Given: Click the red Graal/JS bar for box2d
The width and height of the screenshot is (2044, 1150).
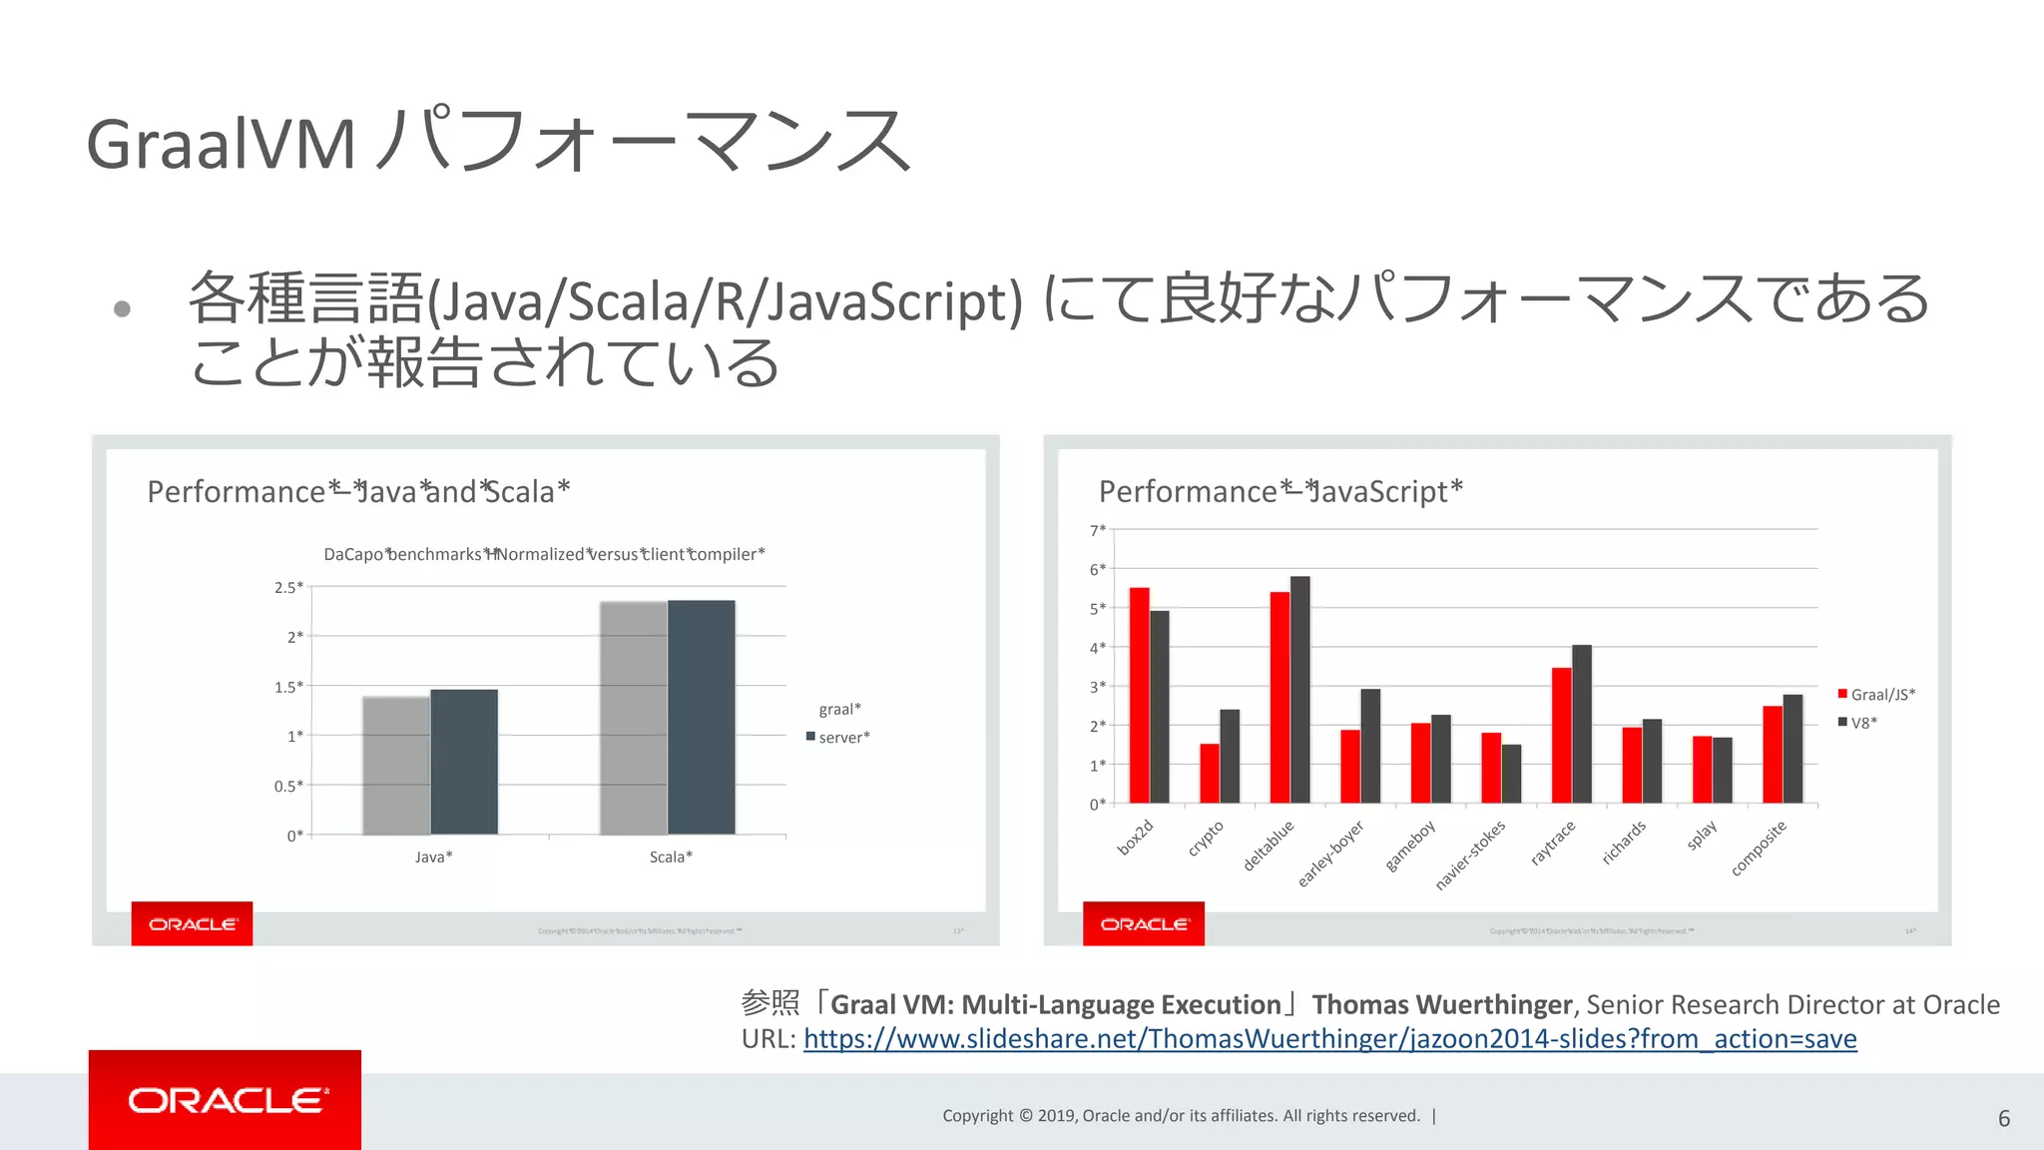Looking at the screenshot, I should coord(1139,695).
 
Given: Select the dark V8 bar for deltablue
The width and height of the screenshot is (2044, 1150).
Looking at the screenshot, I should coord(1300,689).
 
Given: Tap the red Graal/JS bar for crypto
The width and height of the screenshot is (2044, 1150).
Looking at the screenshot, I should coord(1210,773).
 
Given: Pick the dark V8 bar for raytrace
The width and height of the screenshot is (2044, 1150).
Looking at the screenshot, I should coord(1582,724).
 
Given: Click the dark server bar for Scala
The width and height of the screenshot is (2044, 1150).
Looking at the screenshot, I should coord(702,717).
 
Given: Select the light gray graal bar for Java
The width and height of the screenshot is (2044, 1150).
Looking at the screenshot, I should coord(396,765).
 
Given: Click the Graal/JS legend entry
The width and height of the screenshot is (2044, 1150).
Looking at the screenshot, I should coord(1876,694).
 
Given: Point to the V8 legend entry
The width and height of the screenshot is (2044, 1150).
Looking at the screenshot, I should coord(1858,722).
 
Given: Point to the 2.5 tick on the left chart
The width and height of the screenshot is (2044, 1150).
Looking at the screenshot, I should coord(287,587).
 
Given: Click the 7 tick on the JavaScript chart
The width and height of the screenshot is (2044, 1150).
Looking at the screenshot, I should coord(1097,530).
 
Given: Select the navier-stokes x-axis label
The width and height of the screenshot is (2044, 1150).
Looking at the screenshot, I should coord(1470,855).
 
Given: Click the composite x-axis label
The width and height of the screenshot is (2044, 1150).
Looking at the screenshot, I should coord(1759,848).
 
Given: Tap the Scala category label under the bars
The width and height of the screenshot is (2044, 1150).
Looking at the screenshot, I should coord(671,857).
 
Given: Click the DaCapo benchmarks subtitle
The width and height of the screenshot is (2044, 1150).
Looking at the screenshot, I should coord(544,554).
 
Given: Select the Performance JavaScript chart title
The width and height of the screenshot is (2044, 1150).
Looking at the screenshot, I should coord(1280,491).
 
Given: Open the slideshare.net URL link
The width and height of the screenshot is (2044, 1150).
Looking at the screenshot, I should coord(1329,1039).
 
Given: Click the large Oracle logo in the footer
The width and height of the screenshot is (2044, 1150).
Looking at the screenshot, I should coord(225,1100).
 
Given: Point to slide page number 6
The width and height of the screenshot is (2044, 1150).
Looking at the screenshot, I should coord(2003,1118).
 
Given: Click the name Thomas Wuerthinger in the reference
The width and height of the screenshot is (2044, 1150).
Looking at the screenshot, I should coord(1441,1004).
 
